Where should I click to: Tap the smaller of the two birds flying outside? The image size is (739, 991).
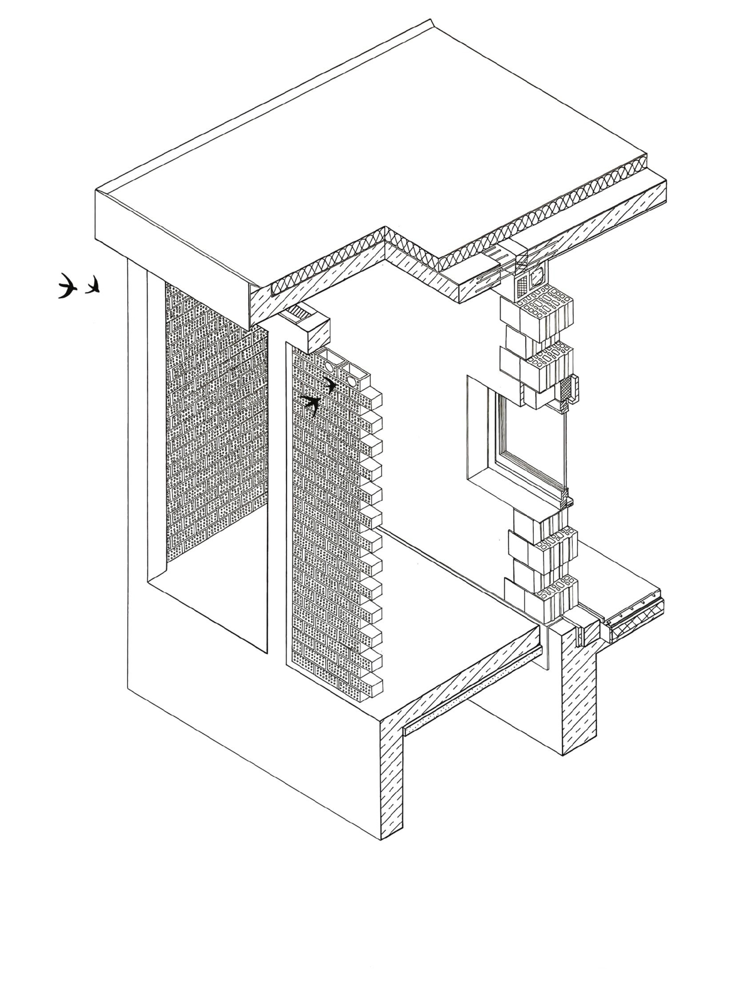point(93,286)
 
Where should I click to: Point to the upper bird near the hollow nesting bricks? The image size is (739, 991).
point(330,385)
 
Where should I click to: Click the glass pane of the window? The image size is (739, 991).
point(532,443)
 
